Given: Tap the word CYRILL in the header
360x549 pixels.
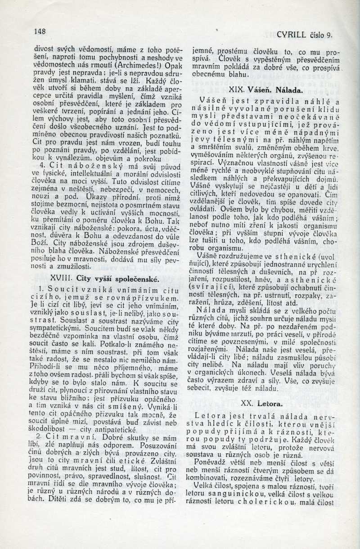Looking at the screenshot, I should pyautogui.click(x=292, y=34).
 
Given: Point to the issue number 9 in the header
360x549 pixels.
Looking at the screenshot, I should pyautogui.click(x=329, y=34).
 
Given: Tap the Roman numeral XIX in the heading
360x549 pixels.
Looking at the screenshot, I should pyautogui.click(x=237, y=90).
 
